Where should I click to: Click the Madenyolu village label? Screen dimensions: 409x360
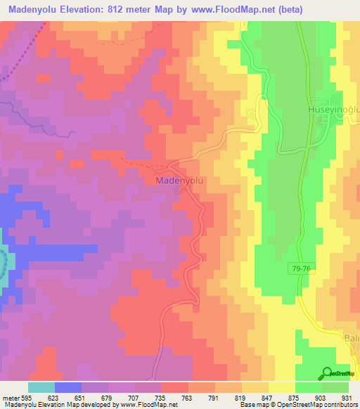click(179, 181)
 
